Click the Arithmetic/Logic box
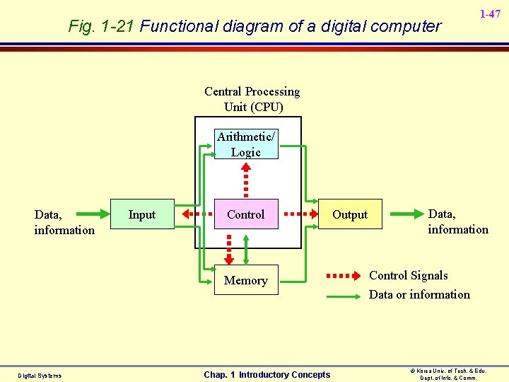246,144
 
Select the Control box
246,214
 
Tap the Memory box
246,280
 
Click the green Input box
142,214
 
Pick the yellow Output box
350,214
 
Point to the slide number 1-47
490,14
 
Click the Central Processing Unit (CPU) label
252,99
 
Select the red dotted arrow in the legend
344,276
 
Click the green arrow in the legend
344,297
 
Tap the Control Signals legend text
409,276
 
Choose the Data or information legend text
419,295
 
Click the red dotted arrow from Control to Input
197,214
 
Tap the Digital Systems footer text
40,376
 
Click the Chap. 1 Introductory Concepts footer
267,375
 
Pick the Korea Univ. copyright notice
450,374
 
